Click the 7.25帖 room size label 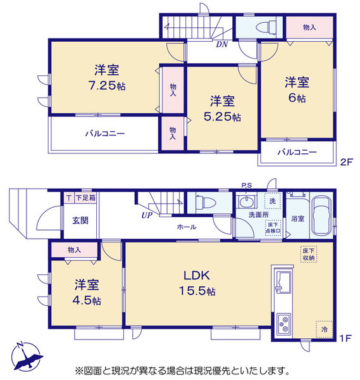point(107,85)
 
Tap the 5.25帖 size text point(222,117)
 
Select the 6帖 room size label point(297,98)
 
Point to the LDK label point(197,275)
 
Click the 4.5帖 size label point(87,301)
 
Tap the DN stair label point(222,44)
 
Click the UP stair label point(147,215)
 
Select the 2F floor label point(347,162)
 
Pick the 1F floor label point(345,338)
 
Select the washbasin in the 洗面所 point(247,201)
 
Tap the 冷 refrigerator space point(324,329)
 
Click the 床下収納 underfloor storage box point(309,254)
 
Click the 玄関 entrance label point(80,220)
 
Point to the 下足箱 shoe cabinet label point(85,198)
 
